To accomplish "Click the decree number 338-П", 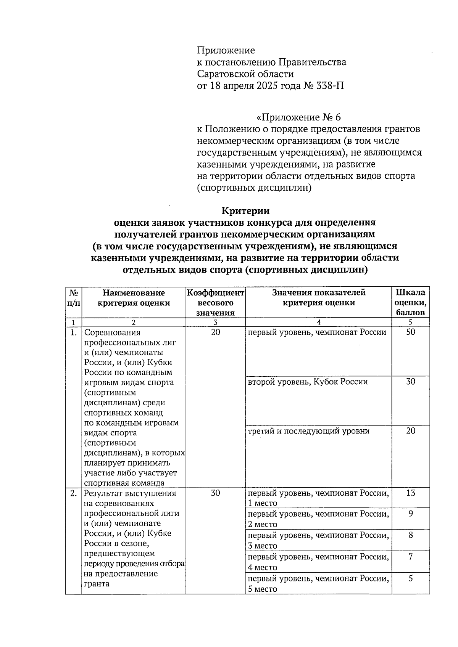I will [330, 85].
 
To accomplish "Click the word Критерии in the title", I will [246, 211].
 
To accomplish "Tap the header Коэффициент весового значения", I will [215, 303].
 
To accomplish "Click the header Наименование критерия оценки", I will [134, 298].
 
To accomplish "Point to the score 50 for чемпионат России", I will [410, 332].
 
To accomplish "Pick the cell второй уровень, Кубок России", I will [308, 382].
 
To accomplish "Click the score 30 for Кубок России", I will [410, 382].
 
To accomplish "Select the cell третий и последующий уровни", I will [308, 431].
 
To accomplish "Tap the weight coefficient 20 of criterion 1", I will [215, 332].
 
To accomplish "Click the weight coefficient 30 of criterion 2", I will [215, 493].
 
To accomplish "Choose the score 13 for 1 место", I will [410, 493].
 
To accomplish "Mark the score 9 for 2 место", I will [410, 514].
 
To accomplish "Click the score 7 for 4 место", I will [410, 557].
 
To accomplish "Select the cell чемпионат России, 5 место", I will [318, 584].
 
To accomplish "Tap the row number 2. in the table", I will [73, 493].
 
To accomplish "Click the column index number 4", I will [318, 322].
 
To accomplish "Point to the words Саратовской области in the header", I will [245, 74].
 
